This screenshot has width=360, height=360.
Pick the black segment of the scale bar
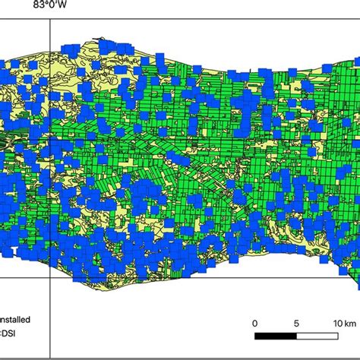click(x=276, y=335)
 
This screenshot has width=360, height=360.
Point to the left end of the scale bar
click(x=255, y=335)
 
